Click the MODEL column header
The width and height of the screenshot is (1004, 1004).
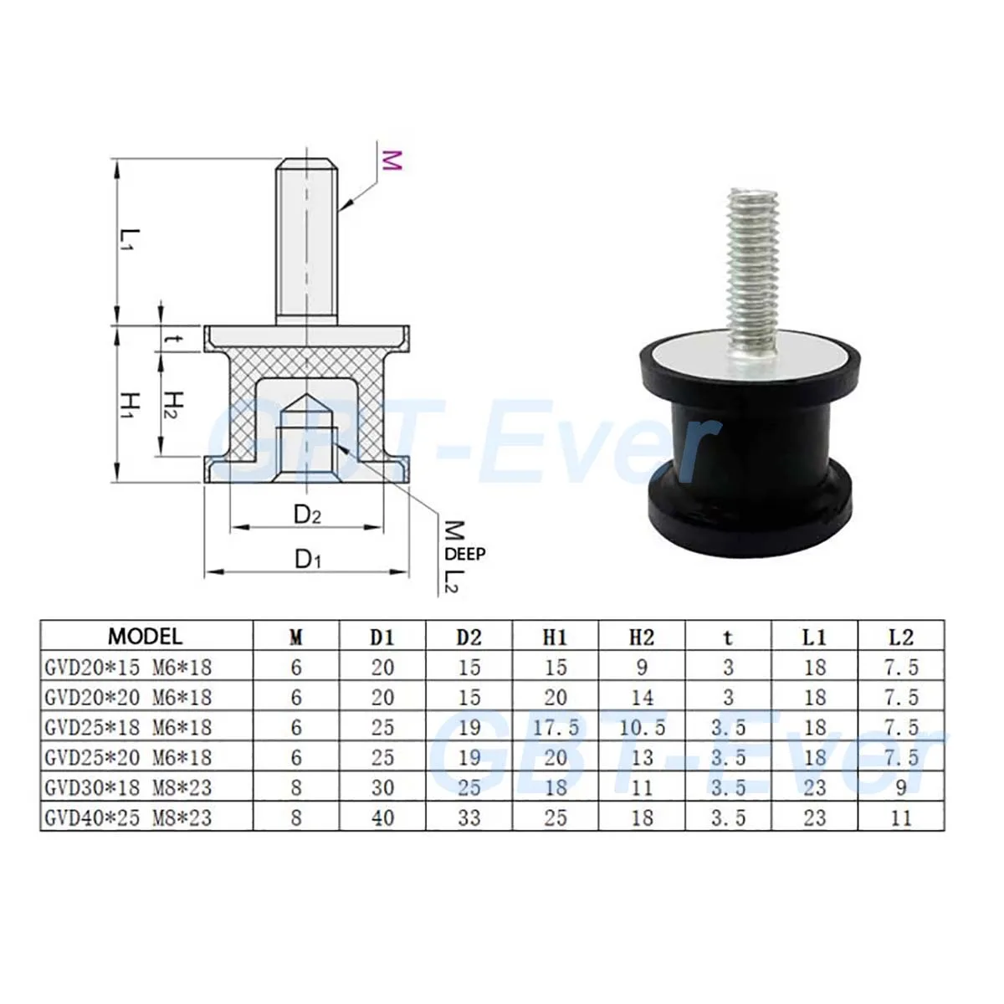(146, 636)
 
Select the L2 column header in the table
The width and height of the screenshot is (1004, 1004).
(900, 637)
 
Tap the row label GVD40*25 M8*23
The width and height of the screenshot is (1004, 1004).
(128, 817)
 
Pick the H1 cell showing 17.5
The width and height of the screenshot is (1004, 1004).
(556, 727)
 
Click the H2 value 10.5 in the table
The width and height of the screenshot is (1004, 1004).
(642, 727)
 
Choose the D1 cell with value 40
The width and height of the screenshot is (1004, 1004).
(382, 817)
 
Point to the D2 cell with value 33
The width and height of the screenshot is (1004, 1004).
(469, 817)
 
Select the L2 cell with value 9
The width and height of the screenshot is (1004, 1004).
(901, 787)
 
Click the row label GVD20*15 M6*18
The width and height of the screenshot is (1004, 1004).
(128, 667)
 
